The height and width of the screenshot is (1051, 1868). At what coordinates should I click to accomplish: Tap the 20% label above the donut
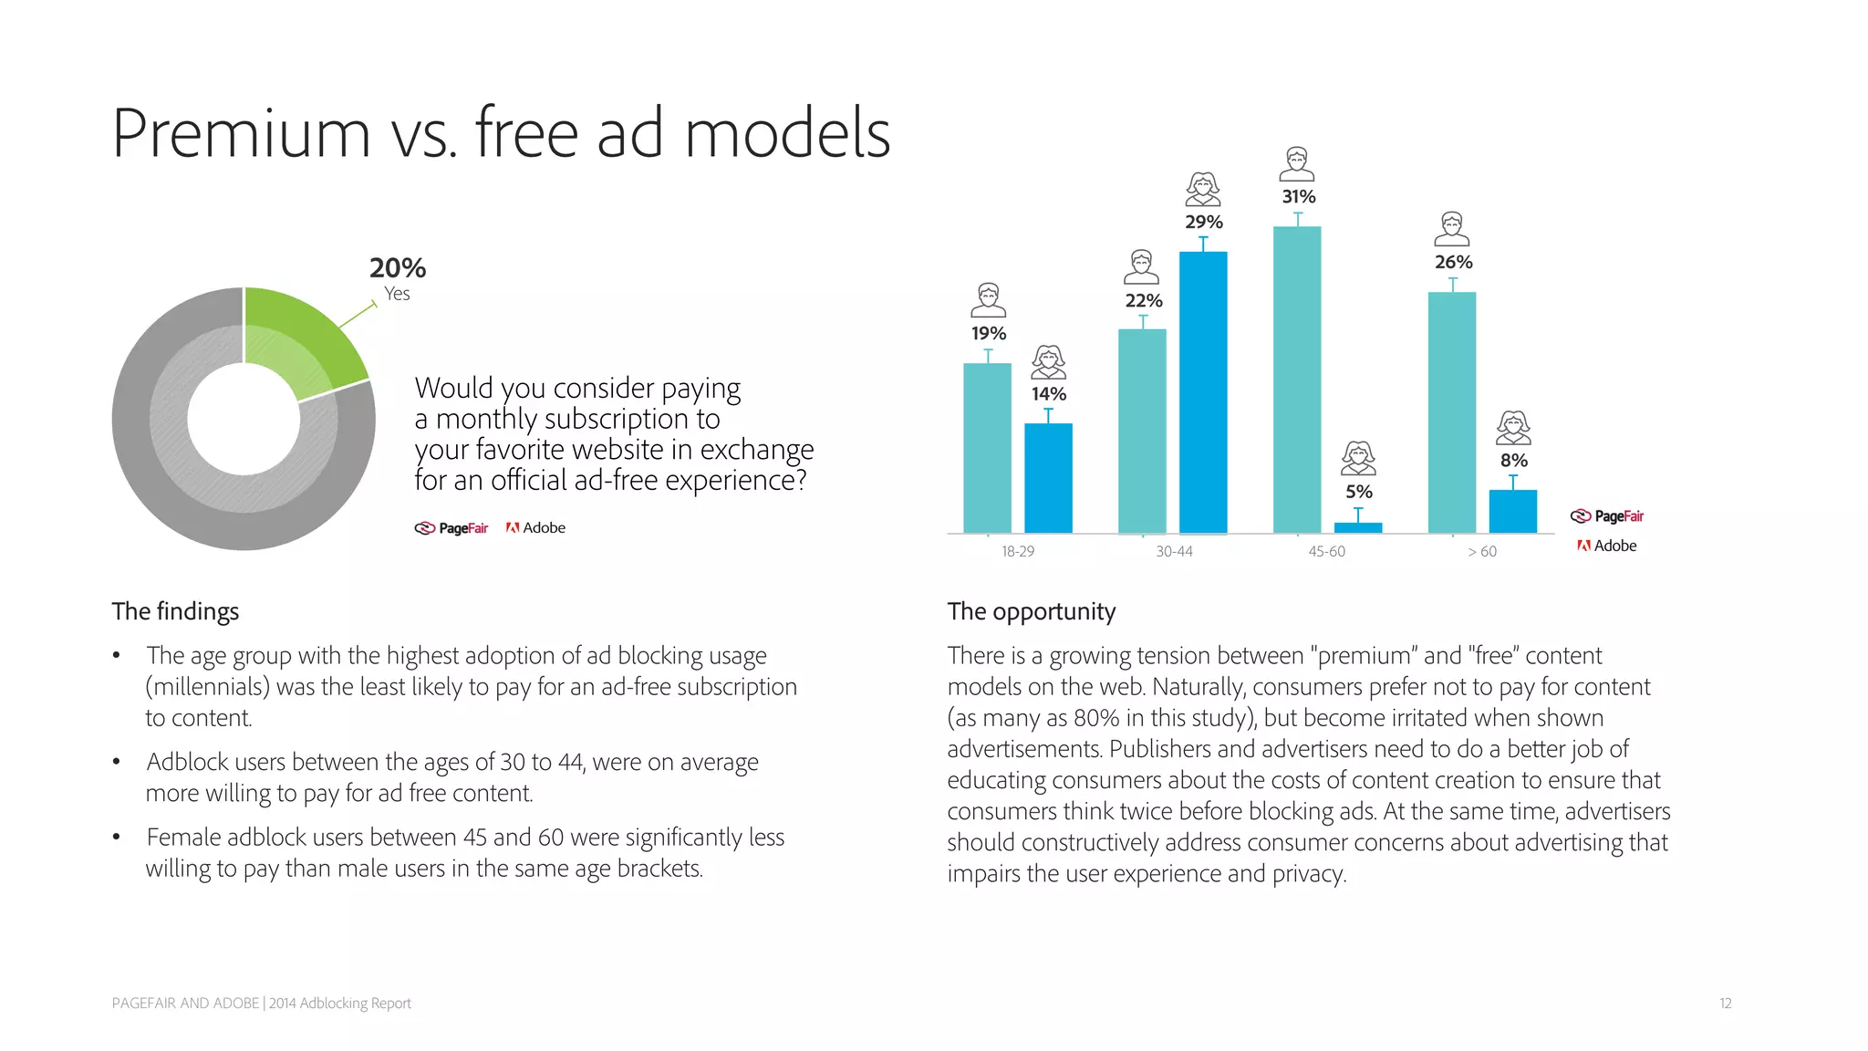398,268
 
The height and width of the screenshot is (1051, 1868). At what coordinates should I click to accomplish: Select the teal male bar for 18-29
987,447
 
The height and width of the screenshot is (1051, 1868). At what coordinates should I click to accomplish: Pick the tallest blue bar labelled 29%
1203,392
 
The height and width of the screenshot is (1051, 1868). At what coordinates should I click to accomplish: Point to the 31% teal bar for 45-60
1297,379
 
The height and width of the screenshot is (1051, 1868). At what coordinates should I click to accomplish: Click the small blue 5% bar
1358,527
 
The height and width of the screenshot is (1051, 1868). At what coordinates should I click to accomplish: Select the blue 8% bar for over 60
1513,511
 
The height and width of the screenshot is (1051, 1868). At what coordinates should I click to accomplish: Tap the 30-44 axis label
1174,552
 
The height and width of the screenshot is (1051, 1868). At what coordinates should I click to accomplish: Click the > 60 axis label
1482,552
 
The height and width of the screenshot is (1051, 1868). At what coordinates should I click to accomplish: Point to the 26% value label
1453,263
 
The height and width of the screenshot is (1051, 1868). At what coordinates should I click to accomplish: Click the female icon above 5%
1358,458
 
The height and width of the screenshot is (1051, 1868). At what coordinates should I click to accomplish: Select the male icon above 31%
1297,164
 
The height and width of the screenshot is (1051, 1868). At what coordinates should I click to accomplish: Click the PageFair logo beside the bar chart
1607,516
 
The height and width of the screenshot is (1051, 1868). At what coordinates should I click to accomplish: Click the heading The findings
175,611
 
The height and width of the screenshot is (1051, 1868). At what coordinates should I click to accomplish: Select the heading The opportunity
1031,611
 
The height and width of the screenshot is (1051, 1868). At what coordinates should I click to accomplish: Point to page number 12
1725,1004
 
